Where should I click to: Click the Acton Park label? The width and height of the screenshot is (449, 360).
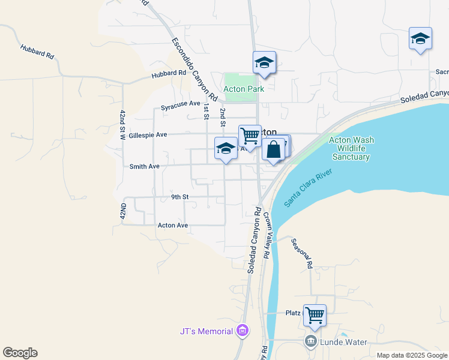(x=244, y=89)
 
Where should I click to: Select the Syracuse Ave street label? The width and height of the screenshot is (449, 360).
(x=180, y=104)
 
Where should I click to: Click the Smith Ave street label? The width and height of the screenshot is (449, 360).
(x=144, y=166)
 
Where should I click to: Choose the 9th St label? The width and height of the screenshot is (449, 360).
(x=179, y=197)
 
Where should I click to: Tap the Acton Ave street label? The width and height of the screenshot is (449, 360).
(x=173, y=226)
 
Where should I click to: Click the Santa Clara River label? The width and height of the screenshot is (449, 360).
(x=308, y=188)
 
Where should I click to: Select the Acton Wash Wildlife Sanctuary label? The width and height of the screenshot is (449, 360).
(x=351, y=148)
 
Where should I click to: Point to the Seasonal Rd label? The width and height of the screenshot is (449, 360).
(x=302, y=253)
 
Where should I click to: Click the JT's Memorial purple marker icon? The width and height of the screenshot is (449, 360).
(x=242, y=331)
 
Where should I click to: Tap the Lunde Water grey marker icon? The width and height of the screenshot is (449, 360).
(x=311, y=342)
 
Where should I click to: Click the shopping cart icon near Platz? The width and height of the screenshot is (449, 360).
(x=315, y=314)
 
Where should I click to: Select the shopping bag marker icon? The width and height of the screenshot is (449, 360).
(x=273, y=149)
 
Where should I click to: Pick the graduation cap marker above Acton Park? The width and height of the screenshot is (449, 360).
(x=264, y=62)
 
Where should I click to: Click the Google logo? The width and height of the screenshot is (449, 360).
(x=20, y=353)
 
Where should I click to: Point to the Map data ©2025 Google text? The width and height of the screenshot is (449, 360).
(x=412, y=355)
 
